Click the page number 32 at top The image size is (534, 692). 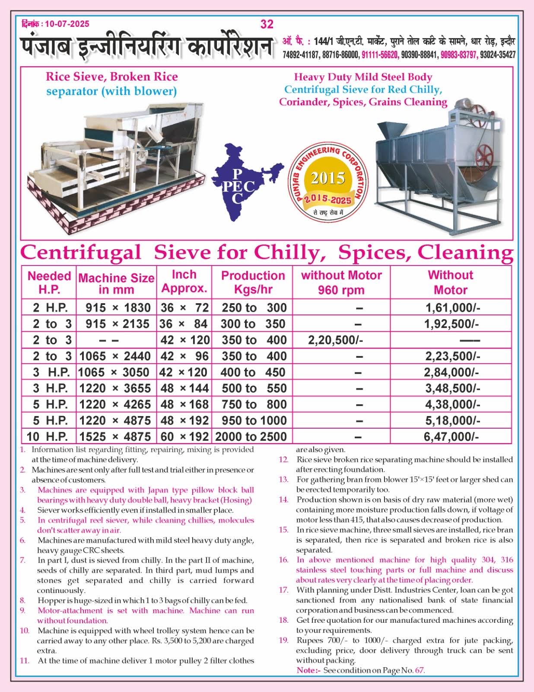tap(267, 24)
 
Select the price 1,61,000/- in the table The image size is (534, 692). tap(452, 308)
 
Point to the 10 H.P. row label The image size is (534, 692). tap(48, 436)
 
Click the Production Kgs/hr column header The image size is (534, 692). tap(253, 282)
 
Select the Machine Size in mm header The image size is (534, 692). tap(116, 283)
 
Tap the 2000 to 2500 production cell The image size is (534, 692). tap(251, 436)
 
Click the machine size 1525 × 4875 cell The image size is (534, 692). tap(115, 436)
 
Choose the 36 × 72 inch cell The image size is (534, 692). tap(185, 308)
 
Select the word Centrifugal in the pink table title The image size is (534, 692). tap(81, 252)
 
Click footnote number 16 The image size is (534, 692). tap(283, 560)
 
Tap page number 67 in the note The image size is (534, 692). tap(419, 670)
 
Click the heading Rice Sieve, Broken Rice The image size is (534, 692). tap(112, 77)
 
